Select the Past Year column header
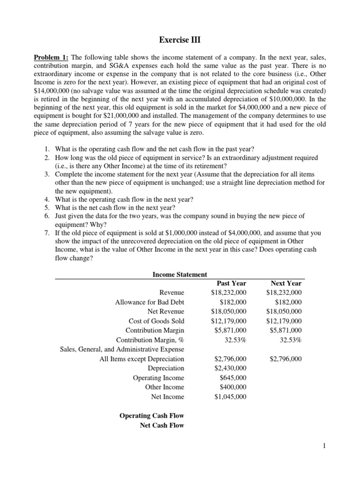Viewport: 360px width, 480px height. (231, 283)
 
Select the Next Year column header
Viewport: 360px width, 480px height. (286, 283)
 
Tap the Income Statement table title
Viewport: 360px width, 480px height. (180, 274)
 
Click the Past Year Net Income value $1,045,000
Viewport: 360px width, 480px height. (229, 397)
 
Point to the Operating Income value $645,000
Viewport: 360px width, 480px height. (232, 378)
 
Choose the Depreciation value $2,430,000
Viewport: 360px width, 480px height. (229, 368)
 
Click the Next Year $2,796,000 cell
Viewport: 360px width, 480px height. (285, 359)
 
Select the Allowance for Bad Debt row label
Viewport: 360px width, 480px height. (150, 302)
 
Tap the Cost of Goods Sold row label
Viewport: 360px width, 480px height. (157, 321)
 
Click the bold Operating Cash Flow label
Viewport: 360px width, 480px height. (152, 416)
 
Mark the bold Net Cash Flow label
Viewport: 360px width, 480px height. (162, 425)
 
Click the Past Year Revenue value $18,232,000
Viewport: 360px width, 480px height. (228, 292)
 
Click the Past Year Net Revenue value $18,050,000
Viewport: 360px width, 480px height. (228, 311)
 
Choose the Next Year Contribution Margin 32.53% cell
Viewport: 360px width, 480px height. (290, 340)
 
